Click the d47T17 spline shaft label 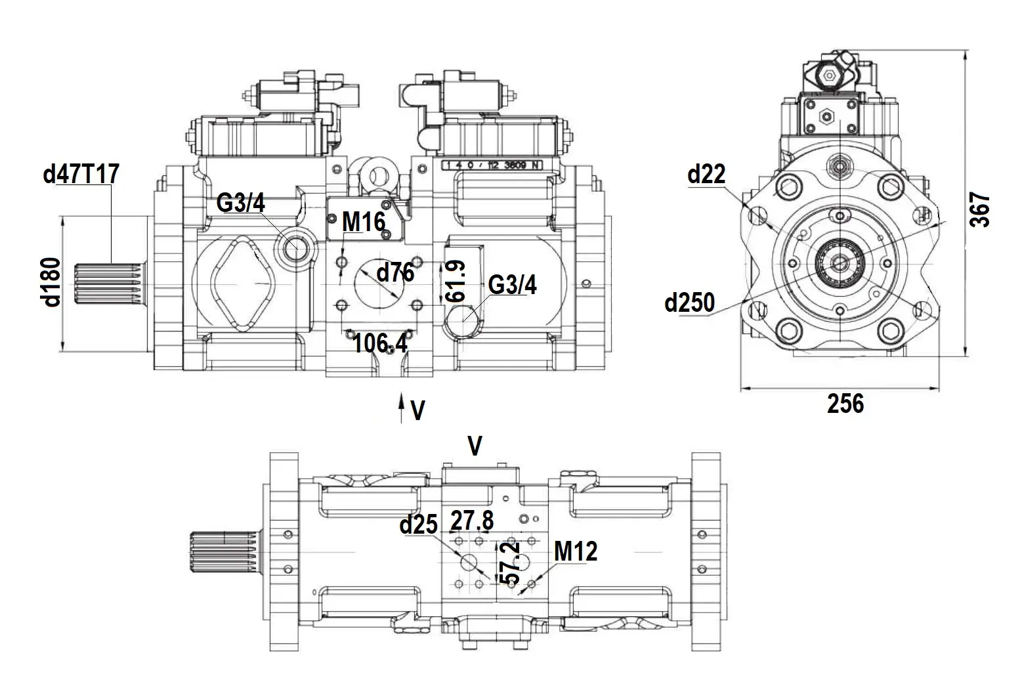coord(81,175)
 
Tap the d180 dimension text coord(51,282)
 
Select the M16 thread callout coord(363,222)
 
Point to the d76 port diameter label coord(395,271)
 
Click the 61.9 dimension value coord(455,281)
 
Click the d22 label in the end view coord(706,174)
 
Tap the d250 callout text coord(689,303)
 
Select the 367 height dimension coord(980,209)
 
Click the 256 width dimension coord(845,404)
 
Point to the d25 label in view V coord(418,524)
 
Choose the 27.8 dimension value coord(472,521)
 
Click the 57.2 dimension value coord(510,563)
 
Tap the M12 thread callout coord(576,551)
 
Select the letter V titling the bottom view coord(475,446)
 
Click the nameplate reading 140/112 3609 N coord(493,165)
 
